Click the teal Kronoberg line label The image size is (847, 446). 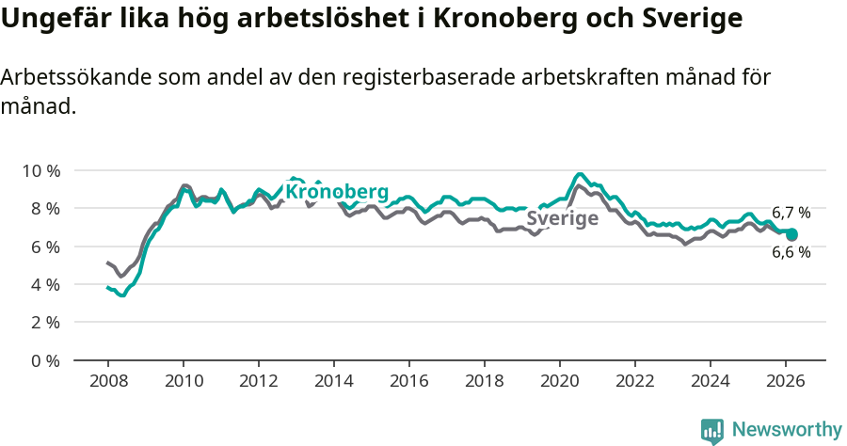(x=337, y=192)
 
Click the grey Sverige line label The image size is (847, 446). (x=563, y=218)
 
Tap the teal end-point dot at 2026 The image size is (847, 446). (x=791, y=234)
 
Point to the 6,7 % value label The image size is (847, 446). (x=791, y=213)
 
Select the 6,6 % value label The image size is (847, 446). (x=791, y=252)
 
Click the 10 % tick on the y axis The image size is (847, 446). (x=41, y=170)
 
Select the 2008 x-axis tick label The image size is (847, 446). (x=108, y=381)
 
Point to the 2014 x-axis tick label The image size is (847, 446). (x=334, y=381)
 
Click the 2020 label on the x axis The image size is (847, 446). (x=560, y=381)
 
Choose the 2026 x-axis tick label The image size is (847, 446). (x=786, y=381)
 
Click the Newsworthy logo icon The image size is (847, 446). (x=711, y=430)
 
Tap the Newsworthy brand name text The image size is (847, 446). (x=787, y=430)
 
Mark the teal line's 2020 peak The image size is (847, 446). (x=580, y=174)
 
